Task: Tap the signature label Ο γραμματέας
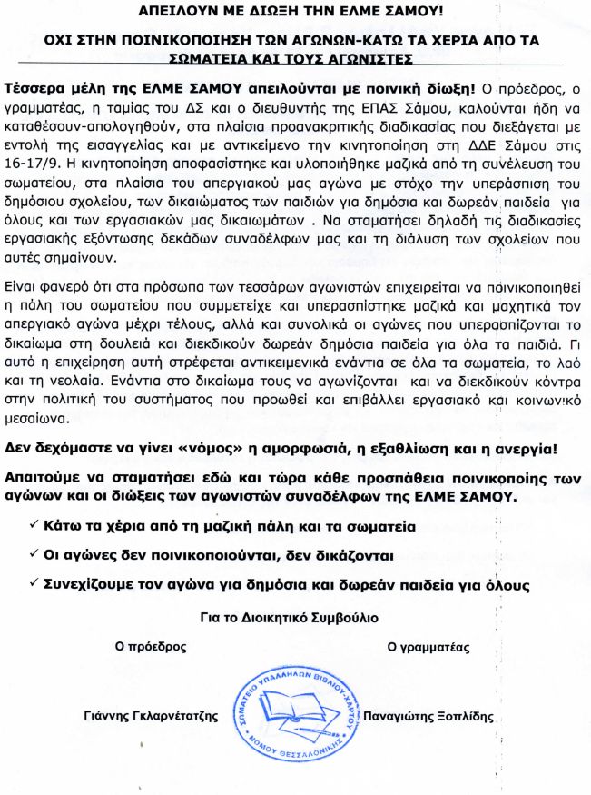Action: pyautogui.click(x=428, y=648)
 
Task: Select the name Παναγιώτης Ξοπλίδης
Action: pyautogui.click(x=428, y=716)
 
